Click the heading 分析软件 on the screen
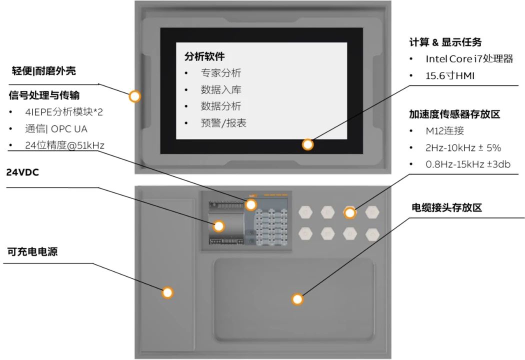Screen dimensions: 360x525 (x=204, y=56)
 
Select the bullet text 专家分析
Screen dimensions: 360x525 (x=220, y=73)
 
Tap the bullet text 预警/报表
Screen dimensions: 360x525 (x=223, y=123)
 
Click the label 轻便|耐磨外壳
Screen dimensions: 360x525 (x=44, y=71)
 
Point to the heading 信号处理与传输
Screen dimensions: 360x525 (x=44, y=95)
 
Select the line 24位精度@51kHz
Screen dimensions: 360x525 (x=64, y=145)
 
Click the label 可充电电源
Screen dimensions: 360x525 (x=32, y=251)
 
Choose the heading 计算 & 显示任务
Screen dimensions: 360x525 (x=445, y=42)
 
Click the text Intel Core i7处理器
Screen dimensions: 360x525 (x=469, y=59)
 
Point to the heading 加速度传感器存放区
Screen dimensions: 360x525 (x=454, y=114)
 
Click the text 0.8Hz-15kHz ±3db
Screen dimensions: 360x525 (x=467, y=164)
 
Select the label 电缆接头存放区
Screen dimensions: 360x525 (x=446, y=207)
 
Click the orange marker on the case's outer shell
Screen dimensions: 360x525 (x=134, y=96)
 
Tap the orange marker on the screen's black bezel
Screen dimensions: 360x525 (x=308, y=144)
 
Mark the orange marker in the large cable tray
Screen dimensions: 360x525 (x=297, y=299)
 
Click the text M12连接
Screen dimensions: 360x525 (x=444, y=131)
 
